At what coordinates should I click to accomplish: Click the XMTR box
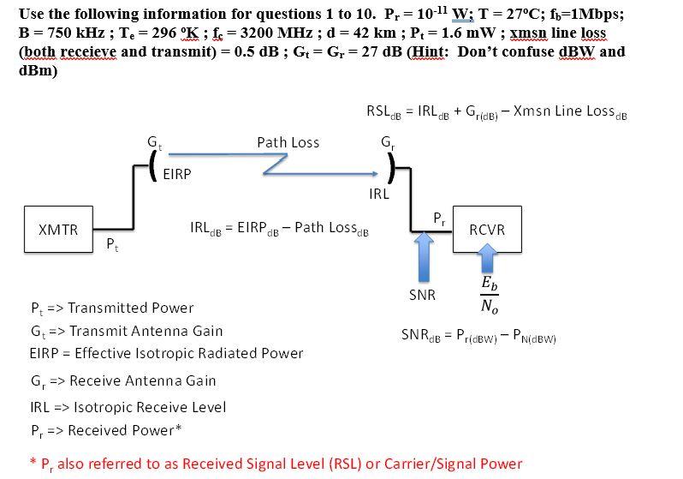[x=59, y=230]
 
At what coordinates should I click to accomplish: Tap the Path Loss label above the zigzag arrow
[x=288, y=143]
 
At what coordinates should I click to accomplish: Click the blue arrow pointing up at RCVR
[x=487, y=260]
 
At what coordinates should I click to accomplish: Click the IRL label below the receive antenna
[x=379, y=194]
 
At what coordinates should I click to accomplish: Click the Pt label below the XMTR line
[x=110, y=247]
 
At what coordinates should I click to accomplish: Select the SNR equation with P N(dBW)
[x=478, y=338]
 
